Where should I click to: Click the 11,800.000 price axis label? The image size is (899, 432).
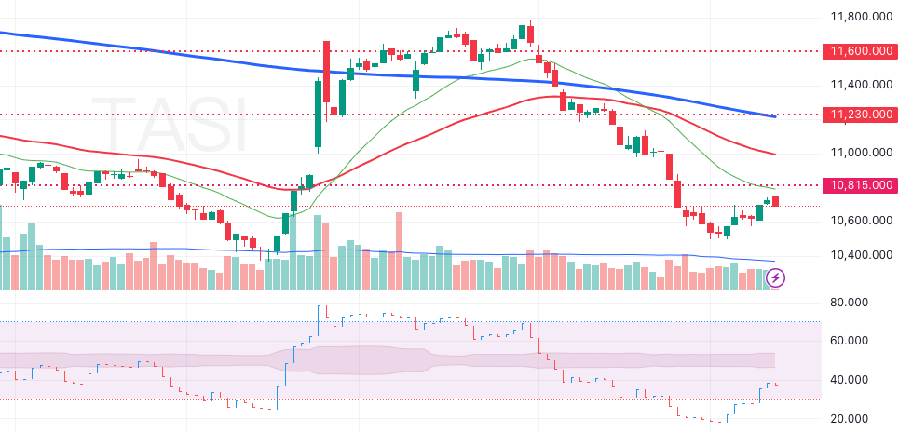tap(857, 16)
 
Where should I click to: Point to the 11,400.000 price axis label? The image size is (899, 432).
tap(857, 84)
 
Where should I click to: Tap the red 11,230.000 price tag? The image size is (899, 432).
tap(857, 115)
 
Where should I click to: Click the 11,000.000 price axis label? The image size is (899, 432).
tap(857, 152)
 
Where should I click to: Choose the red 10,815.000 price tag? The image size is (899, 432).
tap(857, 185)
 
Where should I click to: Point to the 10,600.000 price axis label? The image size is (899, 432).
tap(857, 220)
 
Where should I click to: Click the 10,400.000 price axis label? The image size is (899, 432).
tap(857, 254)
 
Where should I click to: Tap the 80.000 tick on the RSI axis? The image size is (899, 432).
tap(850, 302)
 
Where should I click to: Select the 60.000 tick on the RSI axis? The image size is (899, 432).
tap(850, 341)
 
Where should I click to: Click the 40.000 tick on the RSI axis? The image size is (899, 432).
tap(850, 380)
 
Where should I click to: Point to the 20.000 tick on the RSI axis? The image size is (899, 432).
tap(850, 419)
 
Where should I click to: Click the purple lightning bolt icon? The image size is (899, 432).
tap(775, 277)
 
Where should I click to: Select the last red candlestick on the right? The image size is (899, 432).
tap(776, 200)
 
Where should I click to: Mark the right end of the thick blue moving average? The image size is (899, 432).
tap(775, 116)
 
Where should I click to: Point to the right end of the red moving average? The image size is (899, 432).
tap(775, 154)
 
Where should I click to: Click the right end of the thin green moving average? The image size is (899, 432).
tap(775, 189)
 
